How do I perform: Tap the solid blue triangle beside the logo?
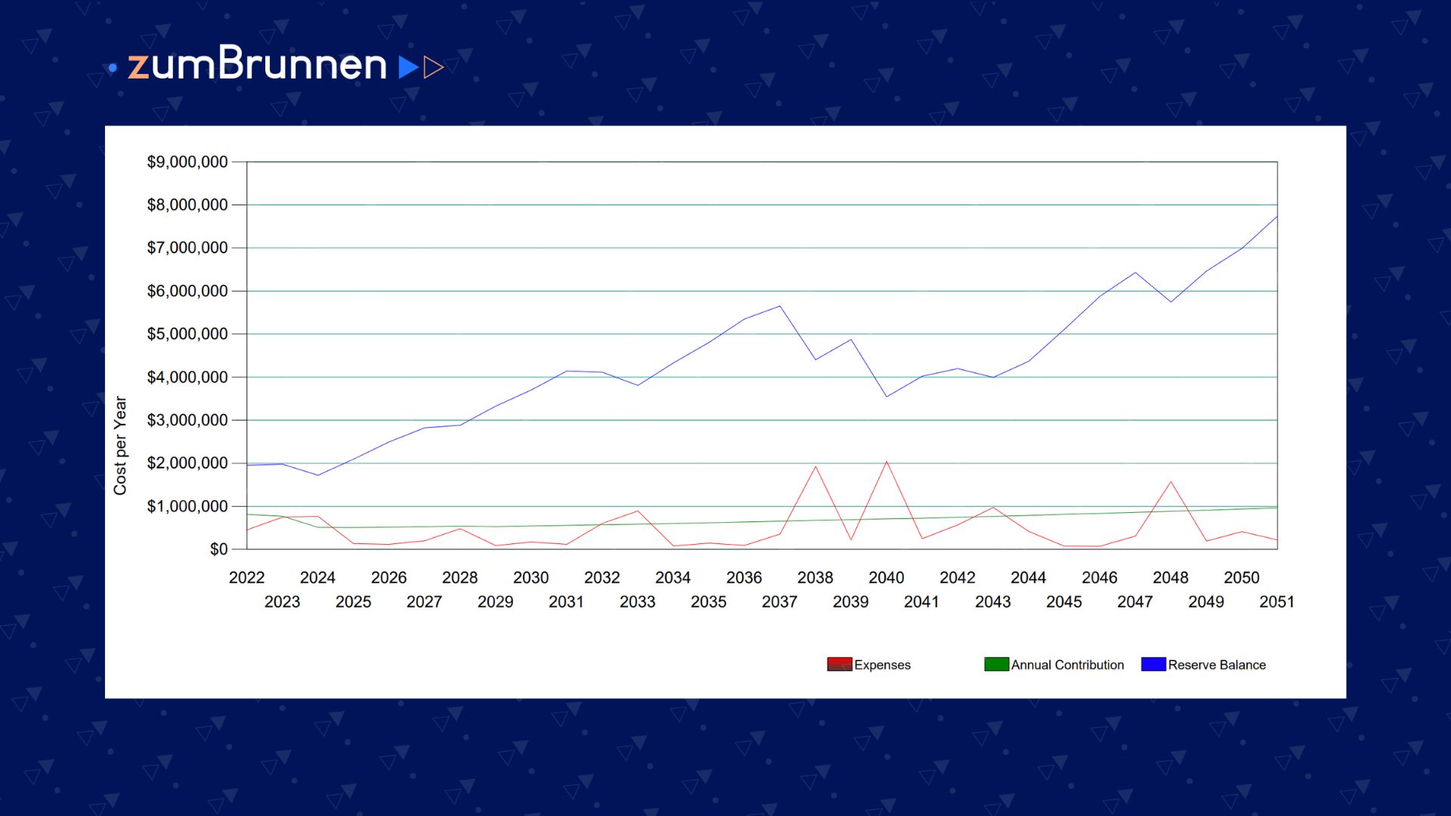tap(408, 67)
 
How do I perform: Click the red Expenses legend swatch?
tap(839, 664)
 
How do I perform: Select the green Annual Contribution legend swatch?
tap(996, 664)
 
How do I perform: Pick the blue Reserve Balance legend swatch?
tap(1153, 664)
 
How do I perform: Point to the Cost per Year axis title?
tap(120, 446)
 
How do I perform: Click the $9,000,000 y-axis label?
tap(187, 162)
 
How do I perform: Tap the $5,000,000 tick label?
tap(187, 334)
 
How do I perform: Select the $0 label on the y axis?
tap(218, 549)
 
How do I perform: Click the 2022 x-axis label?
tap(246, 577)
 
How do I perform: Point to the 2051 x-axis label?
tap(1276, 601)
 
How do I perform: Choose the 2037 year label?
tap(779, 601)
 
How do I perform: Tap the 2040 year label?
tap(886, 577)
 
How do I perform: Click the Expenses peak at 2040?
tap(886, 462)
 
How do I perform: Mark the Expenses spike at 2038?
tap(815, 466)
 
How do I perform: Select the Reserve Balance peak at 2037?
tap(780, 306)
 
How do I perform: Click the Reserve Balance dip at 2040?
tap(886, 397)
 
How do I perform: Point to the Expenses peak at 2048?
tap(1171, 481)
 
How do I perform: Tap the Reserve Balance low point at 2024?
tap(317, 475)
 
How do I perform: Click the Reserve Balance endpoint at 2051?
tap(1277, 217)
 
